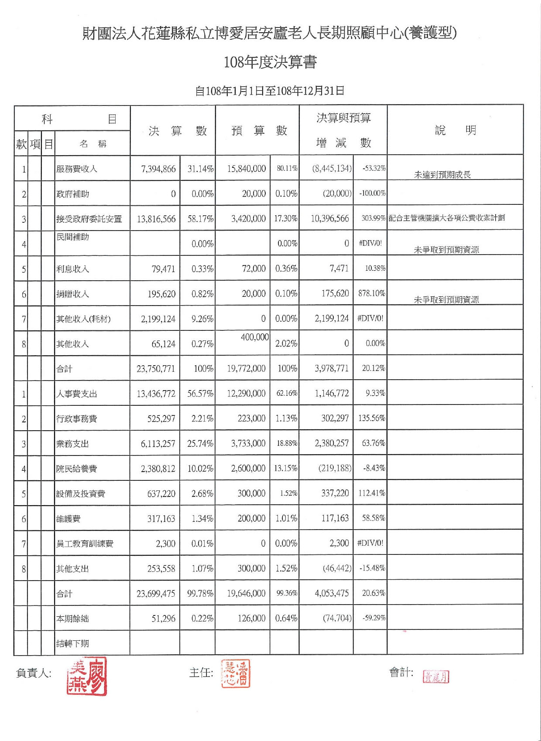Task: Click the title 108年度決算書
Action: click(270, 62)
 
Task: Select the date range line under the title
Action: click(270, 91)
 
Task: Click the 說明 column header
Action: click(455, 130)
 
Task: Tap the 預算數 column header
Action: click(259, 130)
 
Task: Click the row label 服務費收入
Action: click(77, 169)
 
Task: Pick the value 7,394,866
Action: click(158, 169)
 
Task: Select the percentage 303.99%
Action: click(373, 218)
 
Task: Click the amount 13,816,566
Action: click(156, 219)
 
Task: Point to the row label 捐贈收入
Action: click(72, 294)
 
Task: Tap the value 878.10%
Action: click(372, 293)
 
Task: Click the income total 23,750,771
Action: click(156, 369)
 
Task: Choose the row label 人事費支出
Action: click(77, 394)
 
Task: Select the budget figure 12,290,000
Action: click(246, 393)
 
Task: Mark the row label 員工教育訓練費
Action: click(85, 544)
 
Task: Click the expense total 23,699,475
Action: click(156, 593)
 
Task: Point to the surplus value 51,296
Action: click(163, 619)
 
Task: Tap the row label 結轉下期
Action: click(72, 643)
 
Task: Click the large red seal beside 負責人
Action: click(87, 676)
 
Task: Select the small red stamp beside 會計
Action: click(435, 676)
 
